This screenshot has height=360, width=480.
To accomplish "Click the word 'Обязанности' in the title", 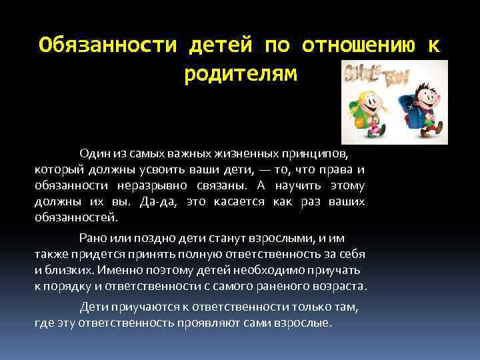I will (x=107, y=45).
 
